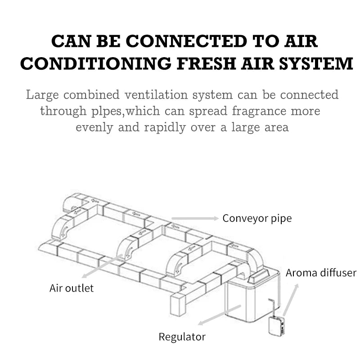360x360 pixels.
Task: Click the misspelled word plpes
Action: tap(106, 111)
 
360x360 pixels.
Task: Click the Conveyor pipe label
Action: tap(257, 219)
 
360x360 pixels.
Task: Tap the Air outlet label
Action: tap(72, 288)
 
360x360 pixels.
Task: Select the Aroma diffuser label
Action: tap(321, 273)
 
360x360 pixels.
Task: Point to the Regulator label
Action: tap(182, 337)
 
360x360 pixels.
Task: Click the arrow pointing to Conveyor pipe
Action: tap(195, 219)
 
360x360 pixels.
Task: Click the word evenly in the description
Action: tap(93, 127)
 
